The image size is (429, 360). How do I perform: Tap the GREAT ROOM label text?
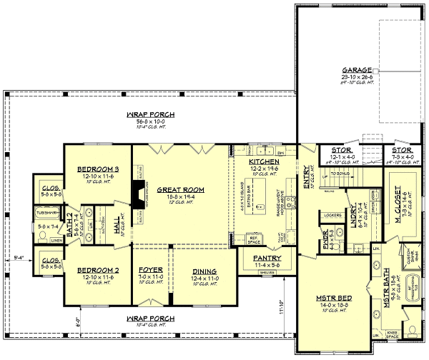(177, 189)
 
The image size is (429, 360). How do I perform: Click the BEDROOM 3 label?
(97, 169)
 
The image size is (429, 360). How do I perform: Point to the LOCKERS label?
(331, 214)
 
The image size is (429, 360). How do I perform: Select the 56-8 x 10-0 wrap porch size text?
(151, 121)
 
